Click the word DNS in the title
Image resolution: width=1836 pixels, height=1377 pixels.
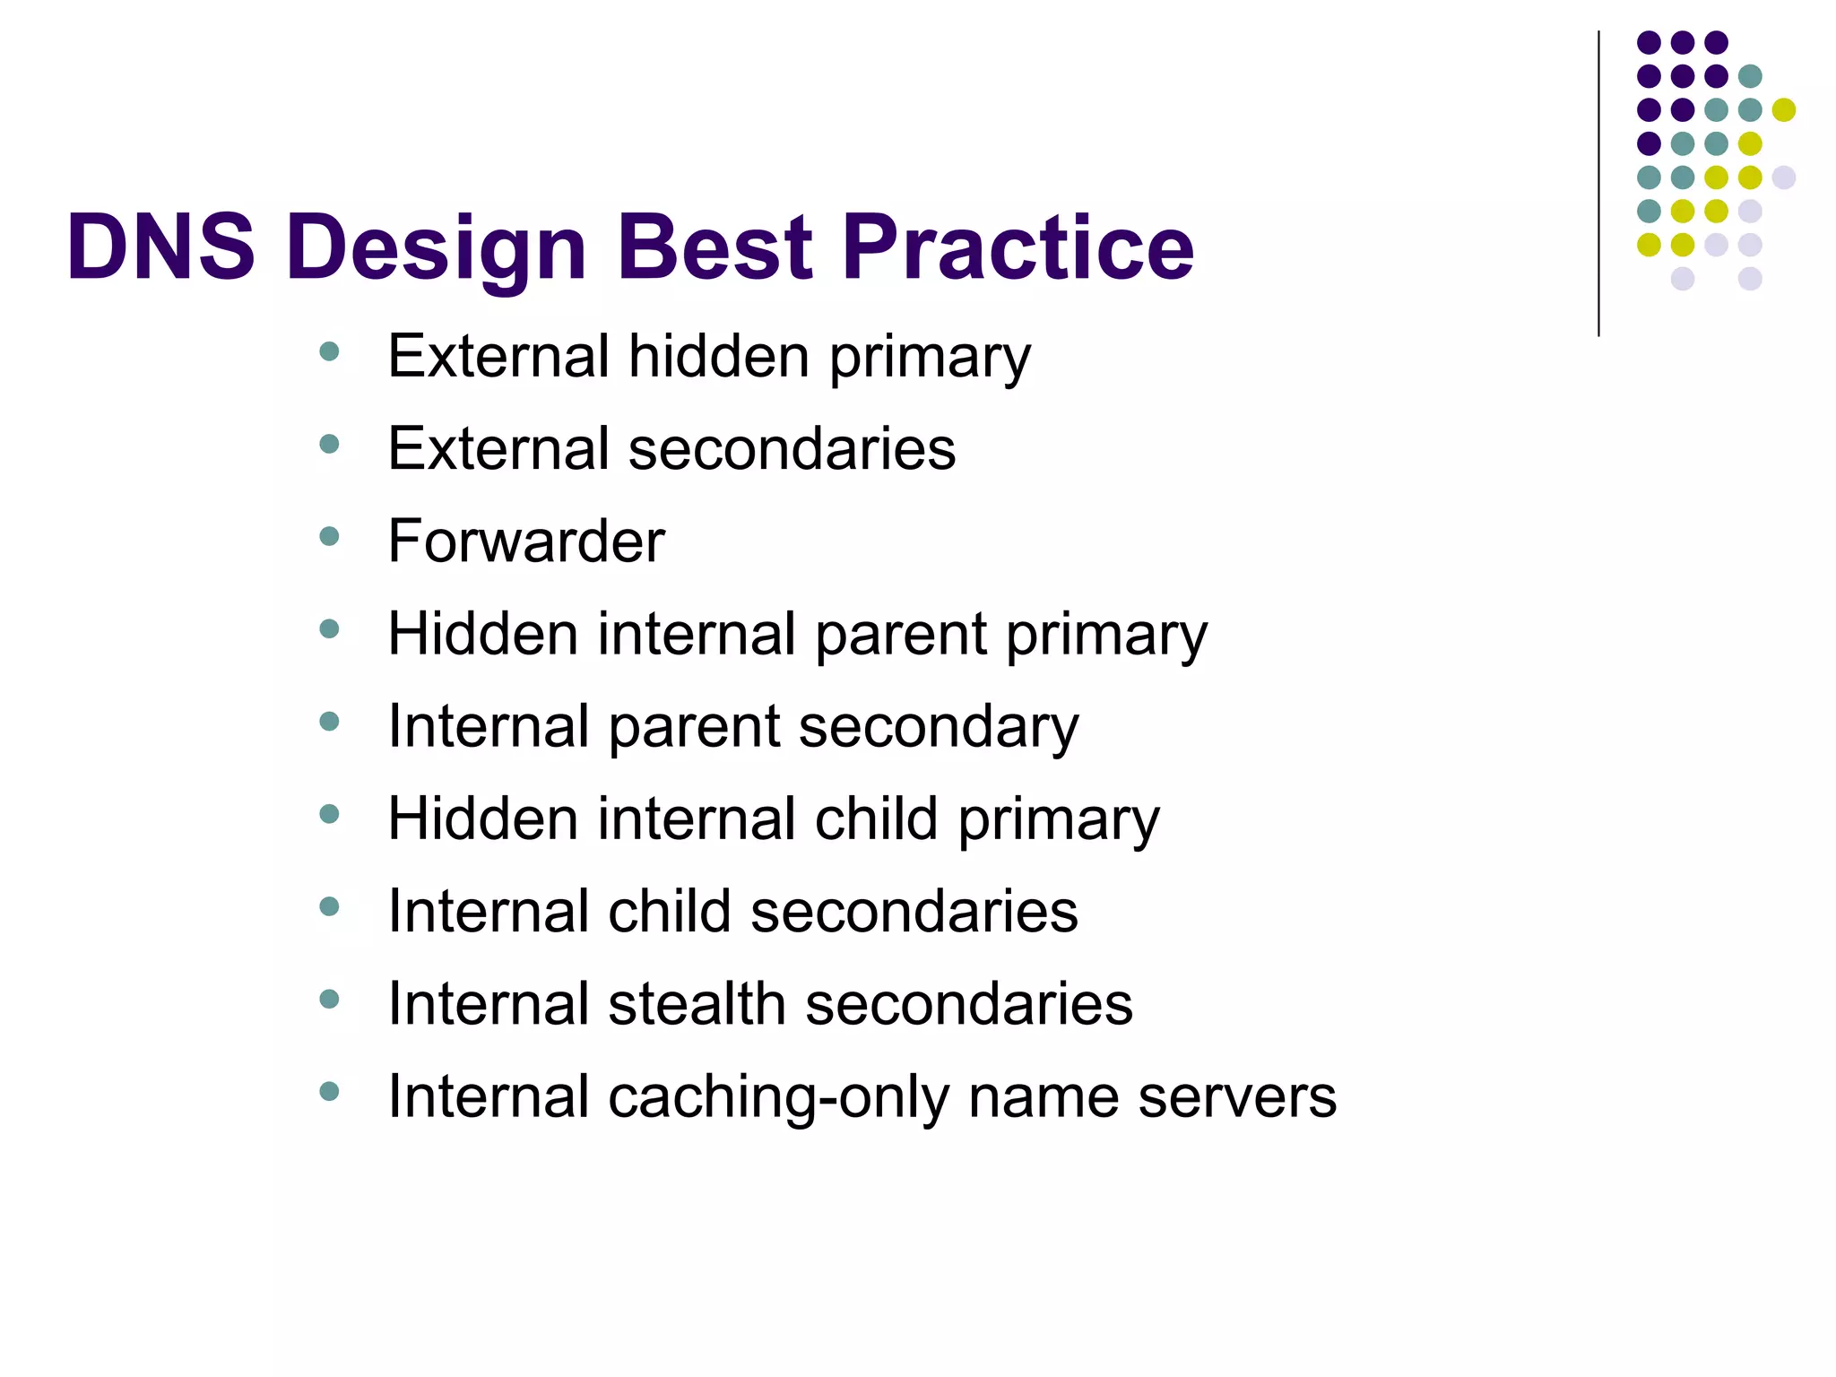click(x=161, y=247)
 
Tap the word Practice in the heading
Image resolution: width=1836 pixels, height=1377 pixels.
click(x=1017, y=247)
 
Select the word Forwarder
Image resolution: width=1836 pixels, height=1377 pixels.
click(x=526, y=541)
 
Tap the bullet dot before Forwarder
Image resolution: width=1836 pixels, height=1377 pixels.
click(x=329, y=537)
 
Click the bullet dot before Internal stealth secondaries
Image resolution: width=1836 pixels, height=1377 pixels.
click(x=329, y=999)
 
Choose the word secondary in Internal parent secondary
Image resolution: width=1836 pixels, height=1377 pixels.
click(x=938, y=727)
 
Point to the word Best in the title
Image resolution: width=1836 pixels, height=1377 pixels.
click(x=714, y=247)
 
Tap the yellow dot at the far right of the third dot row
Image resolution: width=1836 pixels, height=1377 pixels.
click(x=1783, y=109)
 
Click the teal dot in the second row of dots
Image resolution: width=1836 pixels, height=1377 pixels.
click(x=1749, y=76)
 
